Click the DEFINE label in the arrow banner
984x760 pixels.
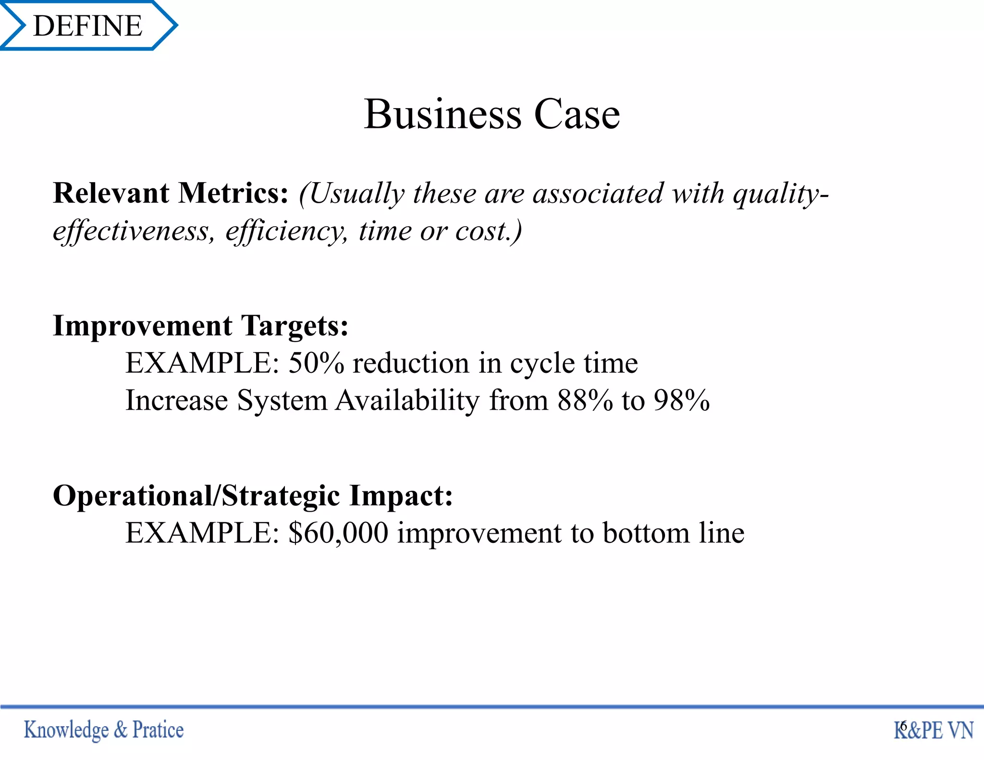(x=88, y=25)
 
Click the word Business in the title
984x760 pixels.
(x=442, y=115)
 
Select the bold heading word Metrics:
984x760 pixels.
(x=234, y=193)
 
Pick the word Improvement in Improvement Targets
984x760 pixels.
(x=143, y=326)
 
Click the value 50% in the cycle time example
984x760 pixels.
(x=316, y=363)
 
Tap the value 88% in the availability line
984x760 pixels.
(x=585, y=400)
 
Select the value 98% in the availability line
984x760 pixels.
(x=681, y=400)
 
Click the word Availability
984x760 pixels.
(x=407, y=401)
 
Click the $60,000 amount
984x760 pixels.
(x=338, y=533)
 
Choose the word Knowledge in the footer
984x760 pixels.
(x=66, y=730)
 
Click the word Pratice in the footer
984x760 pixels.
(x=158, y=730)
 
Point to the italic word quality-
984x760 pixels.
(x=781, y=194)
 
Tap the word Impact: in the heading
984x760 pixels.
(x=401, y=496)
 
